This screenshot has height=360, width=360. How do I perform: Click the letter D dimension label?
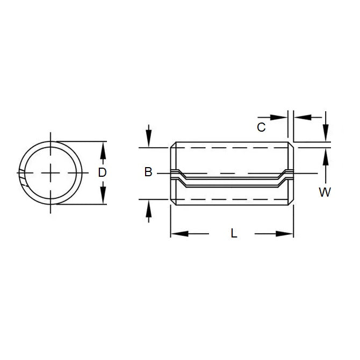(103, 172)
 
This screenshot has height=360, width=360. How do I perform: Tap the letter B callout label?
(148, 172)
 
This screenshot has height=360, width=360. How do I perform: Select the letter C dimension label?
(261, 127)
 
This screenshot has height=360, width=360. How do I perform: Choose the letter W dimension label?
(325, 192)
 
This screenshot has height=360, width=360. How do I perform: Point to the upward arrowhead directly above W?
(325, 155)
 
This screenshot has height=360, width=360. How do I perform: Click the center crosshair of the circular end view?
(51, 172)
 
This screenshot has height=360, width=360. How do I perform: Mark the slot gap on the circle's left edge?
(21, 177)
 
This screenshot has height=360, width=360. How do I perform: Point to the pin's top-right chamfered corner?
(292, 145)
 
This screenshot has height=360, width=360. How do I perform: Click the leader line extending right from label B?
(164, 173)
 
